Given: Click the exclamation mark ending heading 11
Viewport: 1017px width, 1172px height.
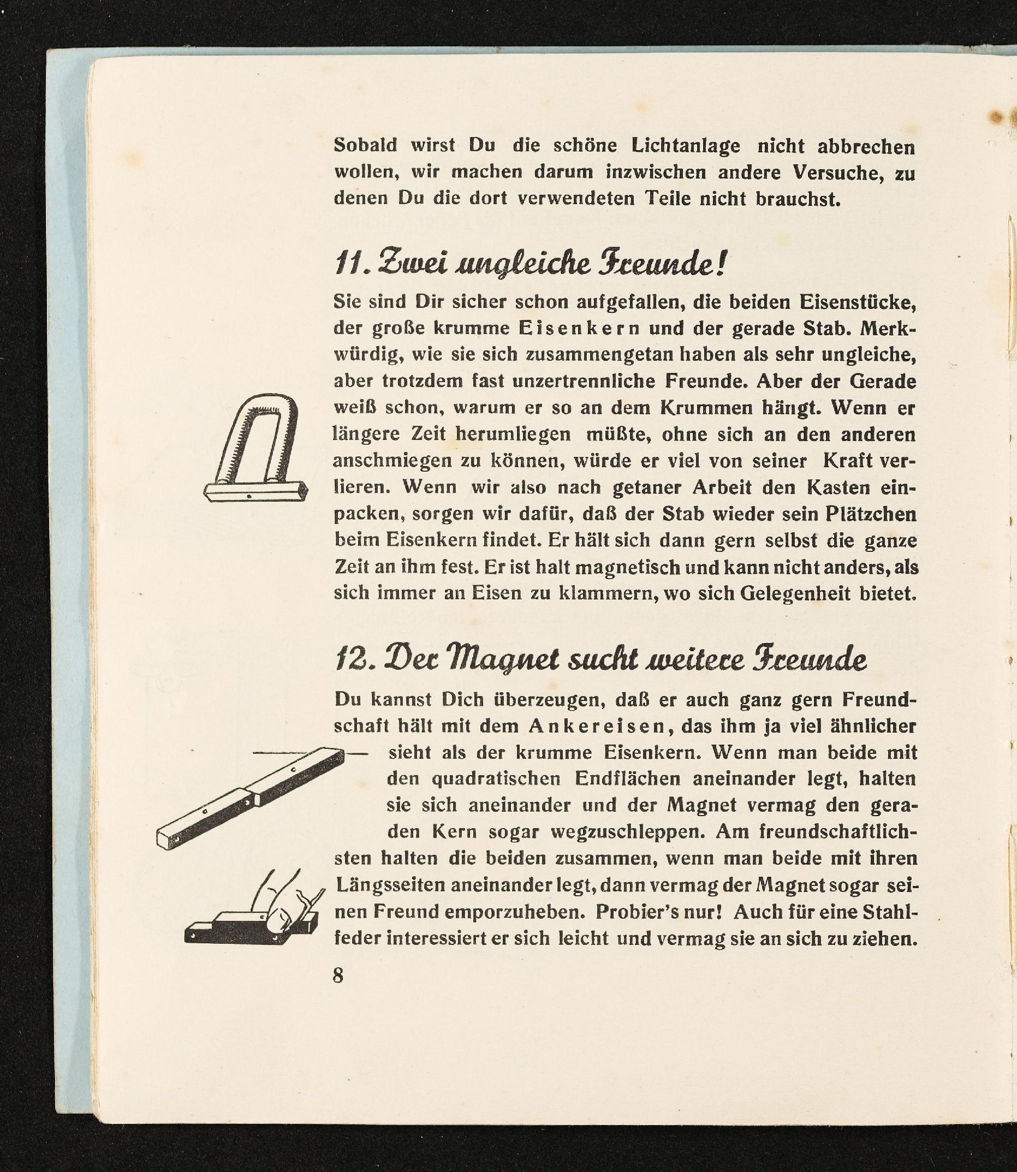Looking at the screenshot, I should tap(720, 262).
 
